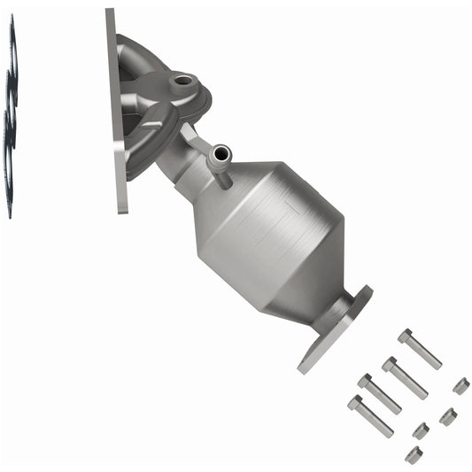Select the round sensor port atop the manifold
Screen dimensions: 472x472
click(183, 81)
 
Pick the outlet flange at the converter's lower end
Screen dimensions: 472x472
click(335, 328)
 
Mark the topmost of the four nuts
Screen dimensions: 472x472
click(460, 385)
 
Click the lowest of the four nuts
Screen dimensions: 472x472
click(414, 454)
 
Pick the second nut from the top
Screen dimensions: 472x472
click(448, 415)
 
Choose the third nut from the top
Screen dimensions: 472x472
click(422, 430)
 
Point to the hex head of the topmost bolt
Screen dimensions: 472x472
click(406, 337)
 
